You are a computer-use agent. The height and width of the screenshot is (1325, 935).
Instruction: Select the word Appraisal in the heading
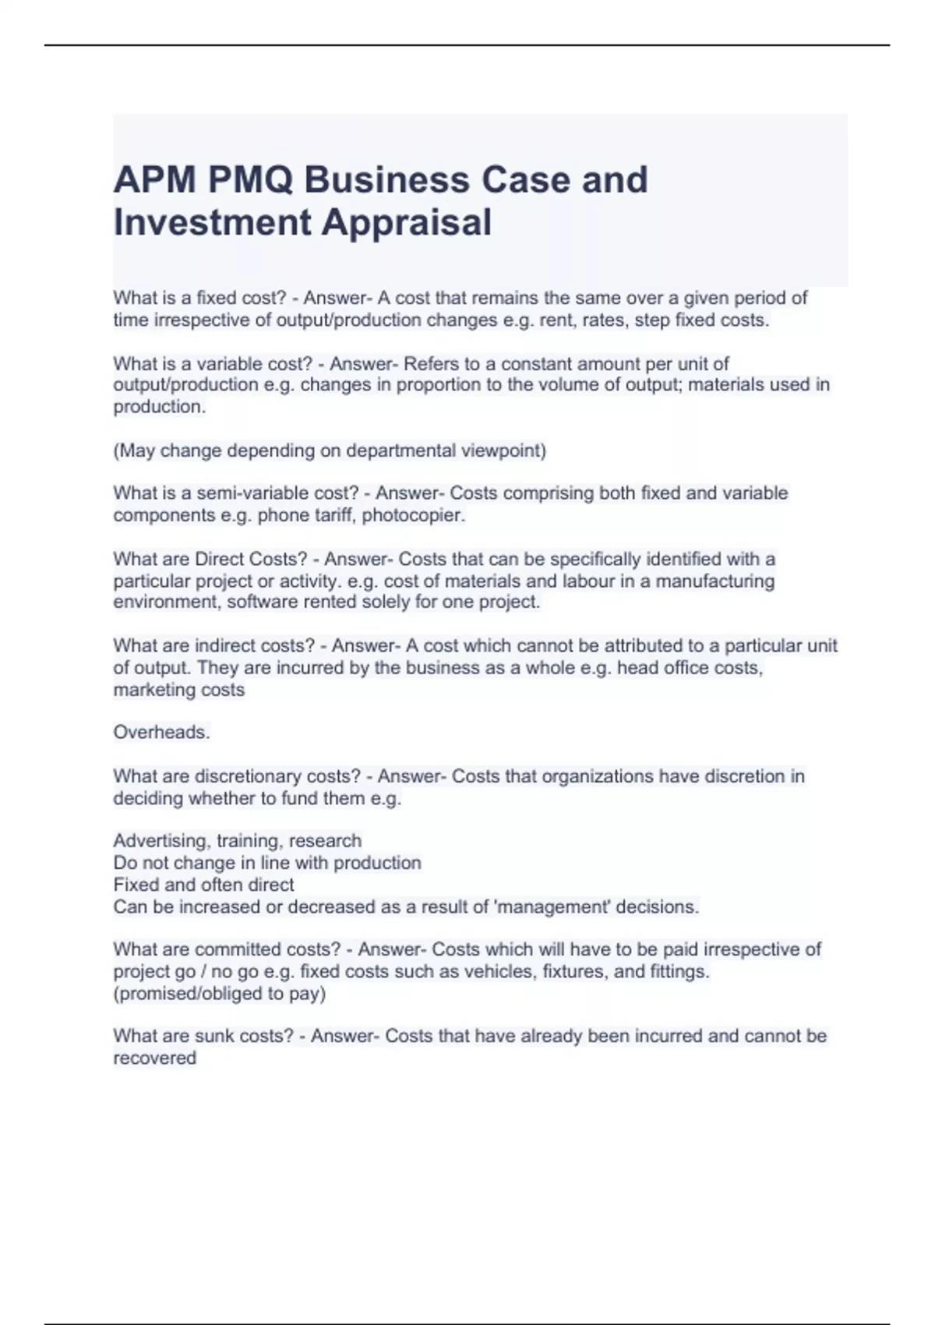[407, 222]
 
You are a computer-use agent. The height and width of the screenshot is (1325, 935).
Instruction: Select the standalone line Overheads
[161, 733]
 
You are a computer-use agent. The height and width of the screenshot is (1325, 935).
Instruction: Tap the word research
[325, 841]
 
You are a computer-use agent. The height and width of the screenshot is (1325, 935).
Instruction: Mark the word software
[262, 602]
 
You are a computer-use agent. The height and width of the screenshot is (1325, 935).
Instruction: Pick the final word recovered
[154, 1058]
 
